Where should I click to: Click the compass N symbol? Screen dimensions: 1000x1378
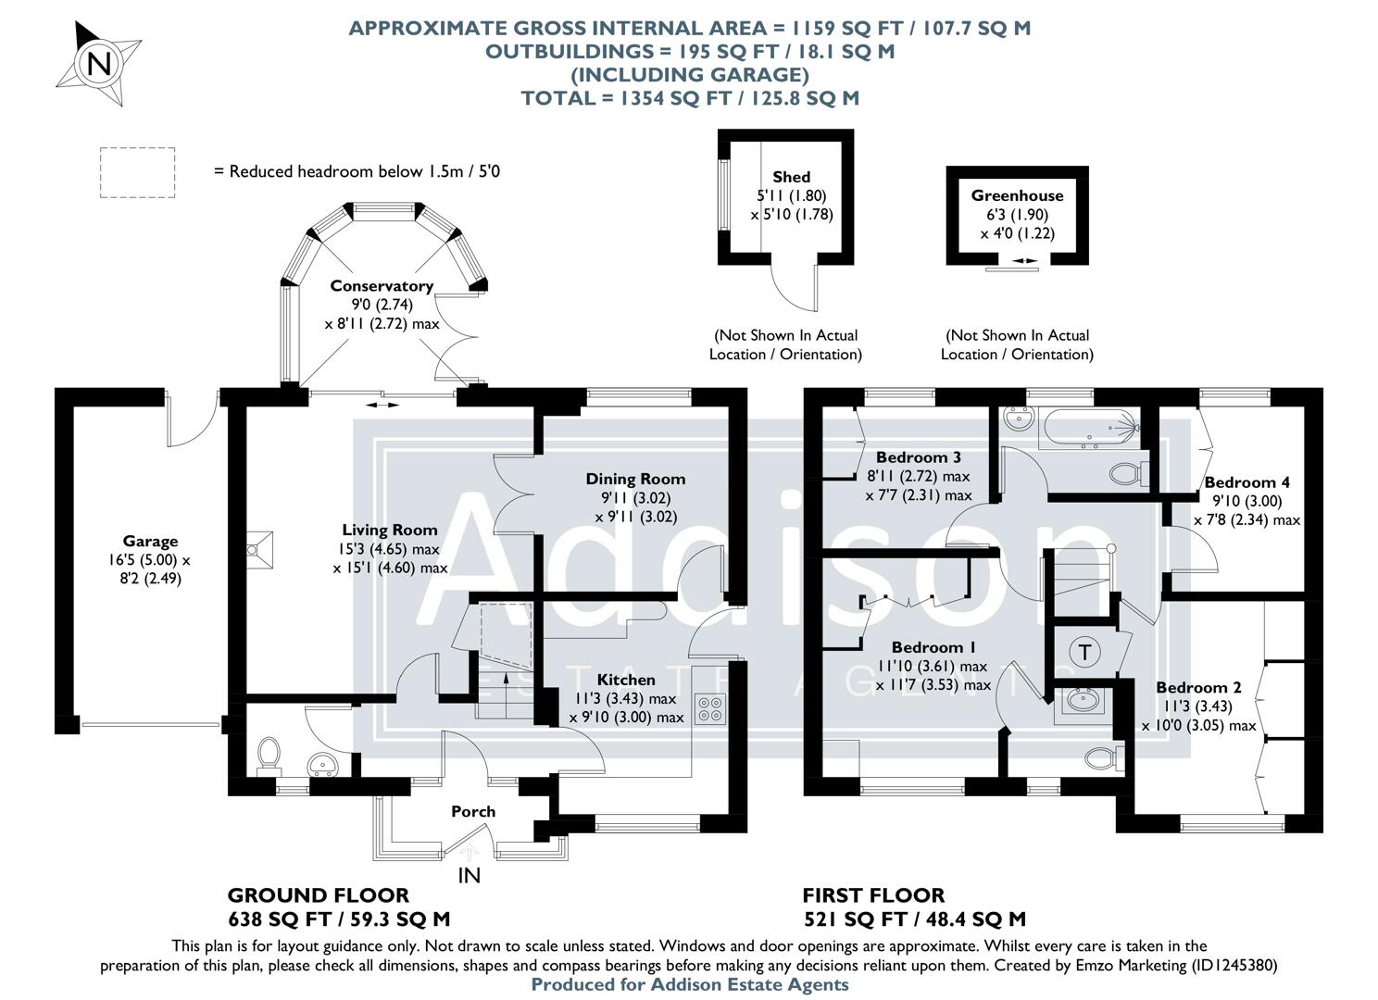(x=98, y=64)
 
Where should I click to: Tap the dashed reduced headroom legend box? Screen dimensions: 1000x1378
(x=137, y=172)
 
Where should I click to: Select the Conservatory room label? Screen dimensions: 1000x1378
(x=382, y=286)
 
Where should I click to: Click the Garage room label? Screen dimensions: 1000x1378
(x=150, y=542)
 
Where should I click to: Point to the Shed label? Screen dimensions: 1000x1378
(x=791, y=177)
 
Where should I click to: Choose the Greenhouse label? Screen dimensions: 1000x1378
(x=1017, y=195)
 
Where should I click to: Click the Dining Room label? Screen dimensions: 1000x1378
(x=635, y=479)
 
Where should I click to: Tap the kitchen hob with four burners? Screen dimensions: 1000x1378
(x=711, y=709)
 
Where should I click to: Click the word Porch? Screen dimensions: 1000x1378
(x=473, y=811)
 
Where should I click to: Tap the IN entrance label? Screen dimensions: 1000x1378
(x=470, y=875)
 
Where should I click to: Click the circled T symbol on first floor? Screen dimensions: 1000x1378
(x=1085, y=652)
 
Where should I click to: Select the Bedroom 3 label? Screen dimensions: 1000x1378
(x=918, y=457)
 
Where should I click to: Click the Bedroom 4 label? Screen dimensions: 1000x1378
(x=1246, y=482)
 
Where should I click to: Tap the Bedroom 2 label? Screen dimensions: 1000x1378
(x=1198, y=688)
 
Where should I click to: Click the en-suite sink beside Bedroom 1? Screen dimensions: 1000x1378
(x=1080, y=701)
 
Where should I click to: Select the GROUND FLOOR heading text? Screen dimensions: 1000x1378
(x=318, y=895)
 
